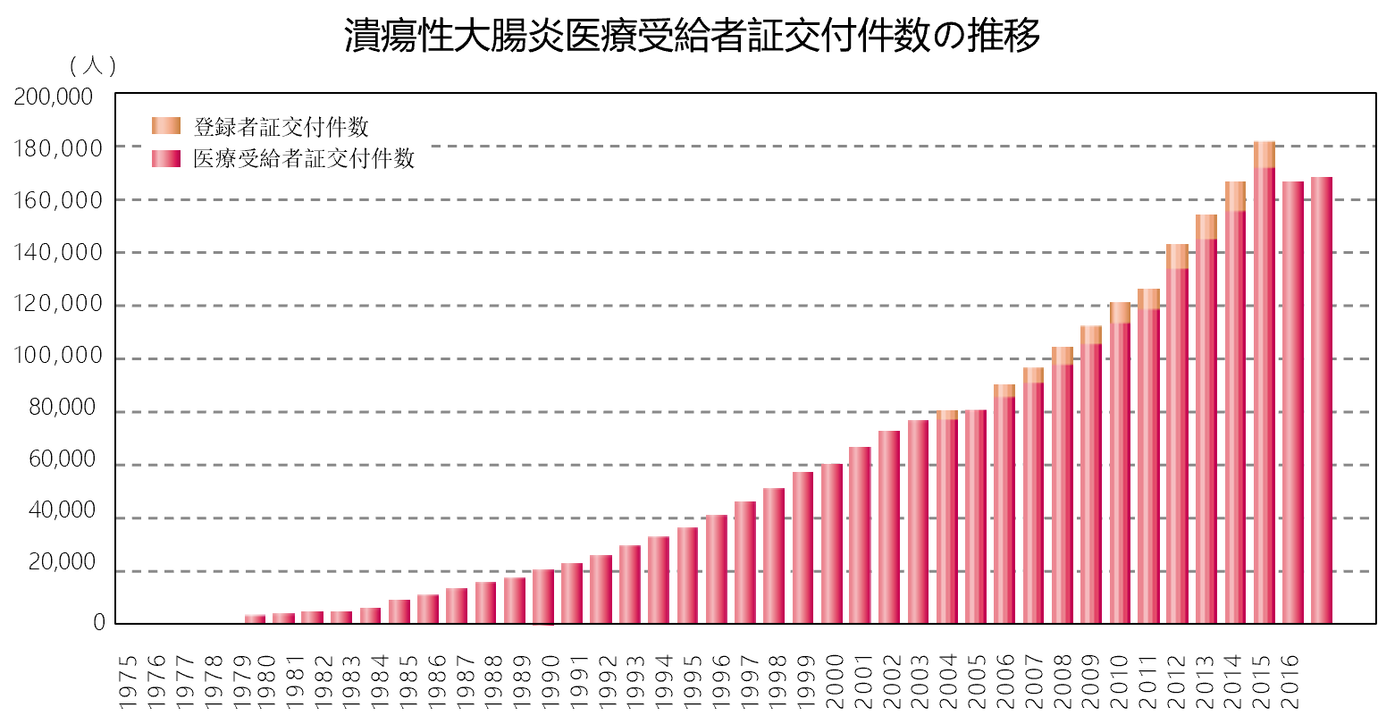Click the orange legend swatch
(x=166, y=126)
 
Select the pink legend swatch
(x=166, y=159)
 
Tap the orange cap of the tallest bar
(x=1265, y=154)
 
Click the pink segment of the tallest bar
(x=1265, y=393)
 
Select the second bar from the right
(x=1293, y=402)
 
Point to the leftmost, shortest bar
(x=255, y=619)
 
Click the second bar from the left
(x=283, y=618)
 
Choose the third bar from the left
(x=312, y=617)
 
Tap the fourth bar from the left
(x=341, y=617)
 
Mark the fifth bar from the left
(x=370, y=615)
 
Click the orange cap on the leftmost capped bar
(x=947, y=415)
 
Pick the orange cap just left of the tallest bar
(x=1235, y=196)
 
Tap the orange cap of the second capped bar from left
(x=1004, y=391)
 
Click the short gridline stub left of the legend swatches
(x=129, y=146)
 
